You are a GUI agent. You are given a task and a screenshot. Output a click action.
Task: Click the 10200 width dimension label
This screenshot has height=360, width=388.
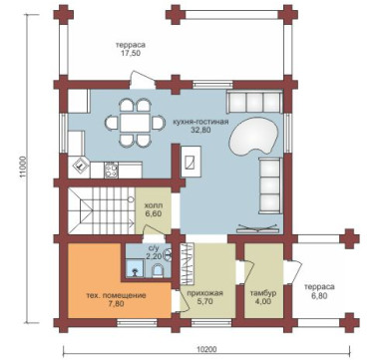[x=206, y=349]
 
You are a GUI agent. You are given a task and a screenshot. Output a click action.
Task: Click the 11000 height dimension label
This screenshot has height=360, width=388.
[x=23, y=168]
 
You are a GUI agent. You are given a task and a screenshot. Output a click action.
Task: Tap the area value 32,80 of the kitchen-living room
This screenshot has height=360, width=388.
[x=200, y=130]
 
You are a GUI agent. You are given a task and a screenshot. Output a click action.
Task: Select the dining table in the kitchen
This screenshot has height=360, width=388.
[x=135, y=123]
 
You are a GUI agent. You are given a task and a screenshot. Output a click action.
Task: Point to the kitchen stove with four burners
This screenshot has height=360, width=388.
[x=111, y=170]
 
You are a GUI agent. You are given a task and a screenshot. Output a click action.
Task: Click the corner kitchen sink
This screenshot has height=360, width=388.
[x=80, y=165]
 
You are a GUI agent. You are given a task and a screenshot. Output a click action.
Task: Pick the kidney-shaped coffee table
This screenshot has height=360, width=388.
[x=253, y=137]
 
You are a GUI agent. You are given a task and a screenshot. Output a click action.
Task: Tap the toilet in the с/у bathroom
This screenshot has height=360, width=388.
[x=158, y=270]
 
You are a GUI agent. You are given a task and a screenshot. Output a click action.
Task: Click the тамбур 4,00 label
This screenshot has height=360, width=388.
[x=263, y=297]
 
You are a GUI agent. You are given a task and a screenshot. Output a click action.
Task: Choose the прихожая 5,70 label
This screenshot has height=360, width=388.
[x=204, y=297]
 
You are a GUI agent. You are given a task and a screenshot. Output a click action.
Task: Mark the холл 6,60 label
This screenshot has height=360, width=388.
[x=154, y=209]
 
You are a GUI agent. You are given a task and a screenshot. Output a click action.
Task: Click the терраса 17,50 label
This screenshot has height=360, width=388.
[x=131, y=49]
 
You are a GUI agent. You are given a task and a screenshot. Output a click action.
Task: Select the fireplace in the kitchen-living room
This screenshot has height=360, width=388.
[x=191, y=162]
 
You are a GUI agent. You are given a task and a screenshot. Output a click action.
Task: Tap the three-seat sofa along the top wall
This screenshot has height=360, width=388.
[x=254, y=102]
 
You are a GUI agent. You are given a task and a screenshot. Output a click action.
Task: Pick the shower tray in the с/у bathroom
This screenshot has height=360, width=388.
[x=136, y=268]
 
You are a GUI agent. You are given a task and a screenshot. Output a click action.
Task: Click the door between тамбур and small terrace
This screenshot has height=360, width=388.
[x=294, y=271]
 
